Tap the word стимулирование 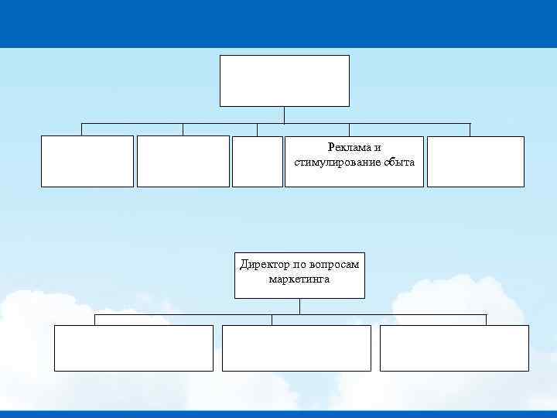pyautogui.click(x=331, y=162)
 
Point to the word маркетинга pyautogui.click(x=299, y=279)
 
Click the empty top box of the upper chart pyautogui.click(x=284, y=81)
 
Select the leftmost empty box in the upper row pyautogui.click(x=87, y=161)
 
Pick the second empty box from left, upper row pyautogui.click(x=183, y=161)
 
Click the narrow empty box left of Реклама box pyautogui.click(x=258, y=161)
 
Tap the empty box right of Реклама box pyautogui.click(x=475, y=161)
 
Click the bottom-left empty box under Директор pyautogui.click(x=133, y=348)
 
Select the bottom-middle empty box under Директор pyautogui.click(x=296, y=348)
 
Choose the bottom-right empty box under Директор pyautogui.click(x=454, y=348)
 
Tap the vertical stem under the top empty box pyautogui.click(x=285, y=115)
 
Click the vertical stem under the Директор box pyautogui.click(x=299, y=307)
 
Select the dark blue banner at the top pyautogui.click(x=278, y=23)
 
